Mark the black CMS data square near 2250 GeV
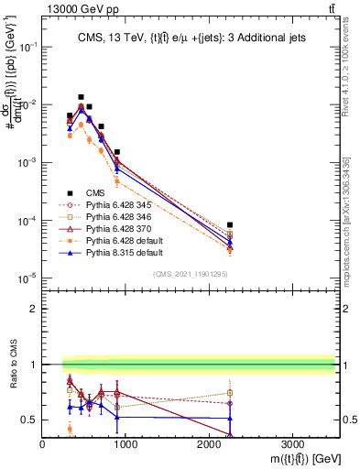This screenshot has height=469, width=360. tap(230, 224)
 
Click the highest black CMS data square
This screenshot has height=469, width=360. tap(81, 97)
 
